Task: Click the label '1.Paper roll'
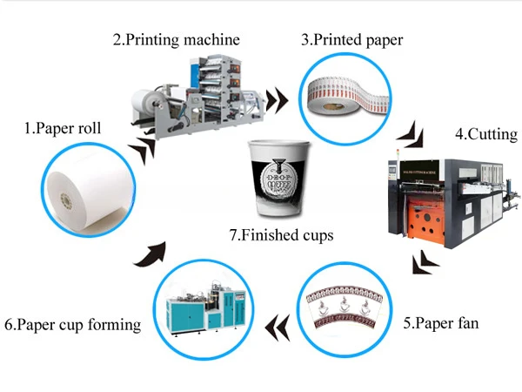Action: tap(62, 128)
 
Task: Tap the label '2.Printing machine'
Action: tap(175, 39)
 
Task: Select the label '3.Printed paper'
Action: tap(351, 39)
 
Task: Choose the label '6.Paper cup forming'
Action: tap(72, 325)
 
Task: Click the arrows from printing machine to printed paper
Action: tap(277, 99)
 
